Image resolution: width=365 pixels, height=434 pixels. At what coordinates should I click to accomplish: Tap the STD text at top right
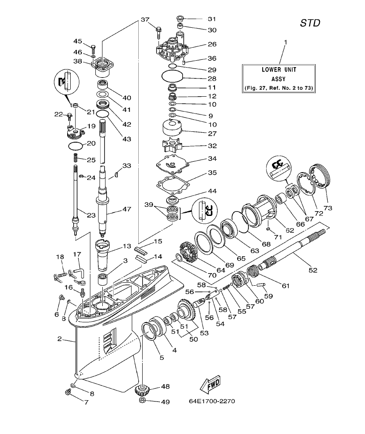click(x=310, y=23)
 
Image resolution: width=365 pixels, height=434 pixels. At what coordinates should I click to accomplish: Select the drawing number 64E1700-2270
click(x=212, y=401)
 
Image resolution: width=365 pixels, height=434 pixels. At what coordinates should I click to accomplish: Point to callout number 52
click(x=313, y=270)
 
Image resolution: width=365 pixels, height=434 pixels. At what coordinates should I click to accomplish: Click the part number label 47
click(x=127, y=209)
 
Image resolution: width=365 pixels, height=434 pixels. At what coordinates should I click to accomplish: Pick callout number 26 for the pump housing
click(x=212, y=44)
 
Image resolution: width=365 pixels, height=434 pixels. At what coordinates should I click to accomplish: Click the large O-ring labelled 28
click(x=172, y=78)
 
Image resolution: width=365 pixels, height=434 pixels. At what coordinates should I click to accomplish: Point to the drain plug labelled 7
click(x=68, y=392)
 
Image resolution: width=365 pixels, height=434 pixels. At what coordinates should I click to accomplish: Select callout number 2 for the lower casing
click(x=59, y=339)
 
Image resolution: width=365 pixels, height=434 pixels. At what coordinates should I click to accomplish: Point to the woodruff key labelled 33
click(x=116, y=175)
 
